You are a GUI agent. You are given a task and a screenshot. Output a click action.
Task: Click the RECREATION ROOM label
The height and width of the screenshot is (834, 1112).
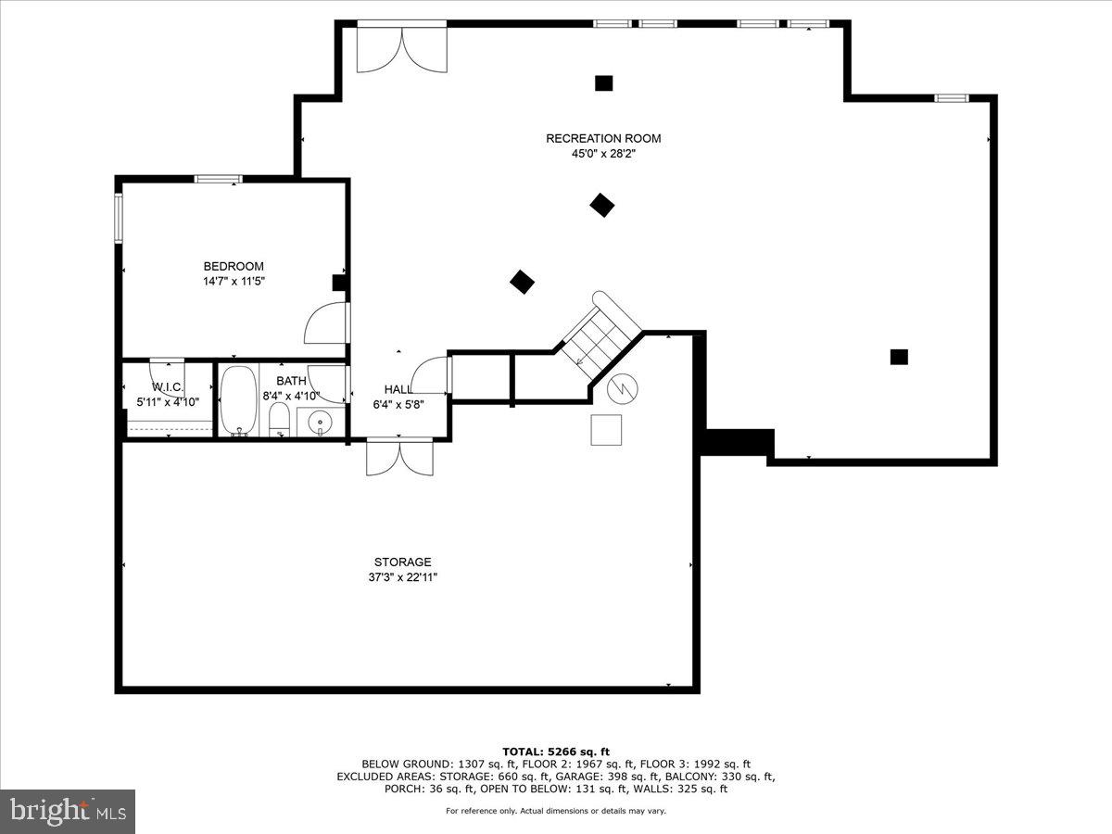(x=603, y=139)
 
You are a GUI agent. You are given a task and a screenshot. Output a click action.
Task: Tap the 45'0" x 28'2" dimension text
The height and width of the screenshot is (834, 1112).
(x=603, y=155)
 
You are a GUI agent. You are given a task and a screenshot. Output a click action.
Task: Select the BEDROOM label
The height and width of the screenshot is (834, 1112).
(x=234, y=267)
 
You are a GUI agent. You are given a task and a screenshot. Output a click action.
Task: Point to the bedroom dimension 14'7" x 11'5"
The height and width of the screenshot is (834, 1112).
(x=234, y=282)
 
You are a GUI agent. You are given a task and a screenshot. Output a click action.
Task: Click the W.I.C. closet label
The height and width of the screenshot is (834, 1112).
(x=168, y=386)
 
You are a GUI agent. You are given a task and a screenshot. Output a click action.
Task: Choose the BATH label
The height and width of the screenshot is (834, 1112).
(x=291, y=381)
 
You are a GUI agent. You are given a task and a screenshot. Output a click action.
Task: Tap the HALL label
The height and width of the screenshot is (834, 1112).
(x=398, y=389)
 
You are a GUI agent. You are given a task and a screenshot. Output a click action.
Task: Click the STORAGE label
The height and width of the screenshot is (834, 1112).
(x=402, y=562)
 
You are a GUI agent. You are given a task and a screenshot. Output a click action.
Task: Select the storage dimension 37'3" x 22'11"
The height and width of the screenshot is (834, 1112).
(x=402, y=577)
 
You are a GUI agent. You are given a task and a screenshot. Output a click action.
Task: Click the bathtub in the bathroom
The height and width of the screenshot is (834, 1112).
(x=238, y=399)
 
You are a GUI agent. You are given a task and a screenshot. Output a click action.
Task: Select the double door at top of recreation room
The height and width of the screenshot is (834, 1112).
(x=401, y=49)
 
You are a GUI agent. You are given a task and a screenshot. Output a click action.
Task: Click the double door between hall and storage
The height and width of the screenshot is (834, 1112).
(x=399, y=457)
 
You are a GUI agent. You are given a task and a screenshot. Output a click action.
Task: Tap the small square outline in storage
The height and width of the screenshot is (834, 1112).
(x=607, y=430)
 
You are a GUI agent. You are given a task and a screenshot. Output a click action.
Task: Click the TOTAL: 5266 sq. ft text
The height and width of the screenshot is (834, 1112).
(x=556, y=752)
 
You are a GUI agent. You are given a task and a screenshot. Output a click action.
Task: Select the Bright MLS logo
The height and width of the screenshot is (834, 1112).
(x=68, y=812)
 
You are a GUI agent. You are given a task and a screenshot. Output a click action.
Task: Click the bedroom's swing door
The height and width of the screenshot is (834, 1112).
(x=326, y=324)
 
